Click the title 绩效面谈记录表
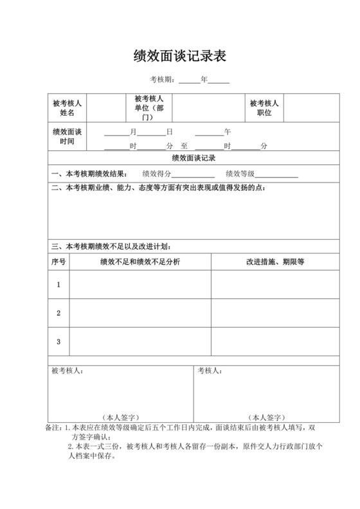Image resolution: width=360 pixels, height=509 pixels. click(x=179, y=57)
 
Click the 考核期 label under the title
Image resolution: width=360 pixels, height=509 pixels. click(x=161, y=80)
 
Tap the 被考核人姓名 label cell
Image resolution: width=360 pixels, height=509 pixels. click(x=67, y=107)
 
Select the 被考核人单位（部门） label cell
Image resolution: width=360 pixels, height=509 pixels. click(x=148, y=107)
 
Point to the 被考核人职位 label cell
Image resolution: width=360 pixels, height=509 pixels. click(x=264, y=107)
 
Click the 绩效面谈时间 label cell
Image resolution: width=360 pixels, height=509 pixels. click(x=67, y=136)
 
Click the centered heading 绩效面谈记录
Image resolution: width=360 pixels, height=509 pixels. click(x=193, y=158)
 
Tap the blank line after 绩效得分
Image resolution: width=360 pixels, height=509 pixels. click(x=193, y=174)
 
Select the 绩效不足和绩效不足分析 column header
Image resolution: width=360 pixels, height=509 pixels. click(x=140, y=262)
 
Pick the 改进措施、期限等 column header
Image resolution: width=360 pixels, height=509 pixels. click(x=274, y=262)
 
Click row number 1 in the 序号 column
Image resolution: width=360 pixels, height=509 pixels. click(x=58, y=284)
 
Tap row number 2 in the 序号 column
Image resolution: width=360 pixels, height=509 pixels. click(x=58, y=313)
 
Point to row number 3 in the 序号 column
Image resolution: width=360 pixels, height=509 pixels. click(x=58, y=342)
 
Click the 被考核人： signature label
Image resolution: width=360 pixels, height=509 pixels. click(x=67, y=371)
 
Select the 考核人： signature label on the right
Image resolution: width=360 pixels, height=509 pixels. click(x=210, y=371)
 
